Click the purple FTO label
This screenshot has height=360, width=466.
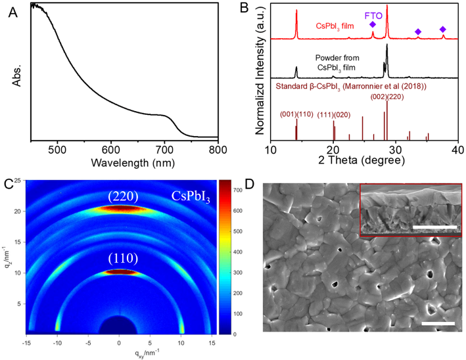pos(373,11)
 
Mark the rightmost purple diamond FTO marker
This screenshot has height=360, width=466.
pos(443,30)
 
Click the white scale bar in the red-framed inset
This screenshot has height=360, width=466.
pos(434,227)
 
